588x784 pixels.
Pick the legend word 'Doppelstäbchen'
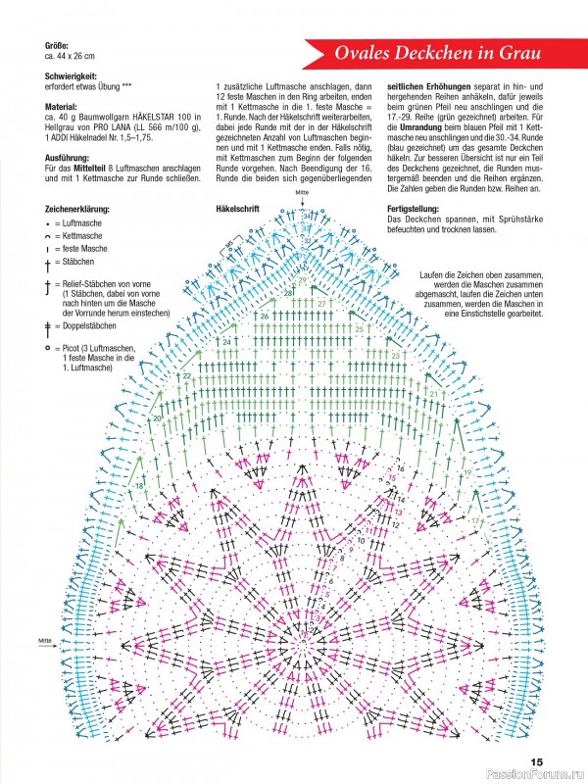click(x=94, y=324)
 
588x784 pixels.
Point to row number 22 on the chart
click(x=186, y=375)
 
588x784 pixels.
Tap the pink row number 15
click(x=394, y=477)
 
